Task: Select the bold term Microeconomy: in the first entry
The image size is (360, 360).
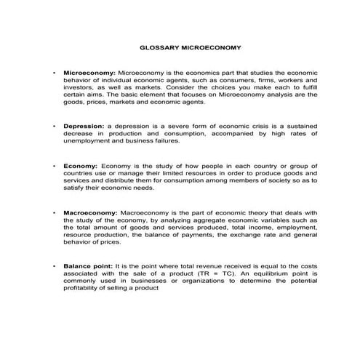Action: pos(89,74)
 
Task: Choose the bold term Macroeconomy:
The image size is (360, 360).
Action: pos(91,213)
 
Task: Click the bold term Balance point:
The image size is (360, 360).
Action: pos(90,267)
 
